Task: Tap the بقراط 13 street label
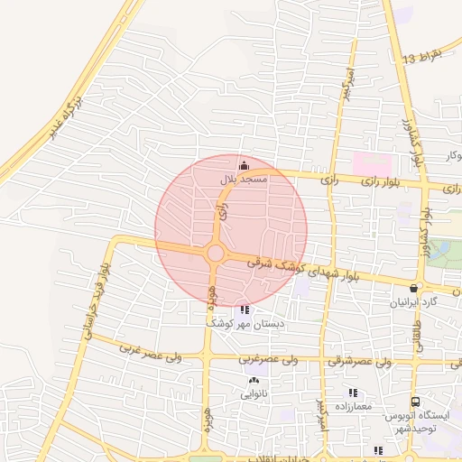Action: coord(423,57)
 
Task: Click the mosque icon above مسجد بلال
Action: coord(243,165)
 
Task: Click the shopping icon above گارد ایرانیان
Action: coord(414,288)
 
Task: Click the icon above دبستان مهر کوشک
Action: coord(245,310)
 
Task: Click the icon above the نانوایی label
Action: coord(254,381)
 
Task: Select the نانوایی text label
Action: coord(254,394)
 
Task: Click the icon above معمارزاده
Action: coord(353,393)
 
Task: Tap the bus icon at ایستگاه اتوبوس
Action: coord(415,402)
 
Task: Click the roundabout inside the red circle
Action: coord(215,253)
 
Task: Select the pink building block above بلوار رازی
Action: coord(372,164)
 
